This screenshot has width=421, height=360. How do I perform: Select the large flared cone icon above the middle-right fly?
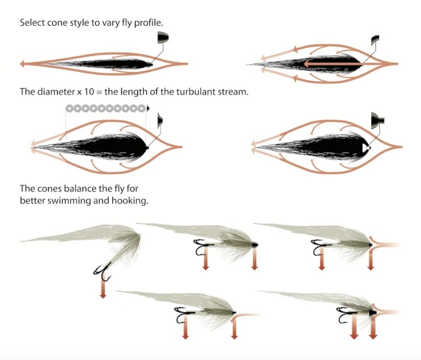coord(377,118)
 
